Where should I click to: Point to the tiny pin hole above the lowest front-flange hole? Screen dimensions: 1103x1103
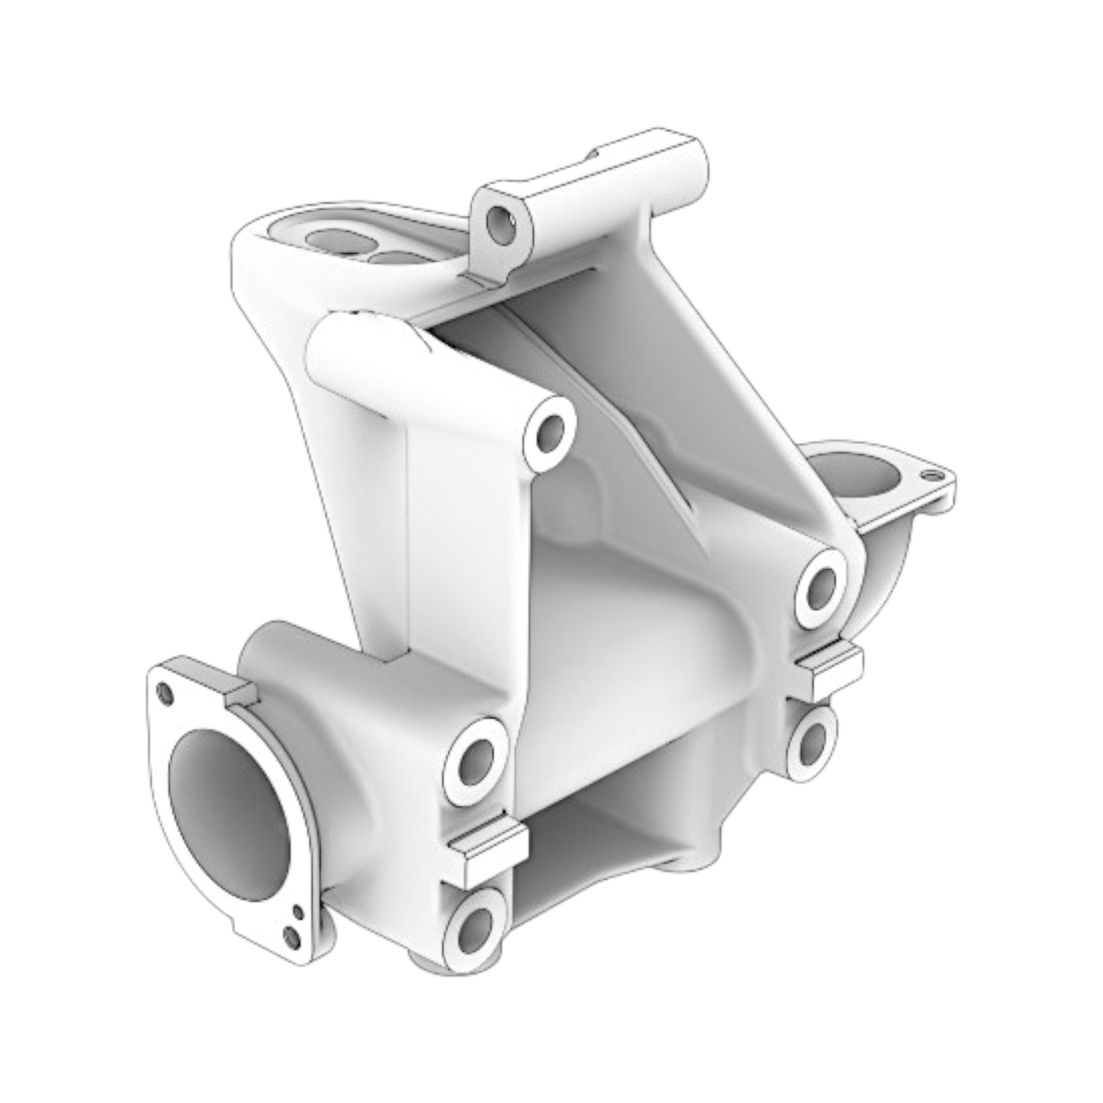[298, 910]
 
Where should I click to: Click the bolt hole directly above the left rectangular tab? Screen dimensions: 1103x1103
[477, 759]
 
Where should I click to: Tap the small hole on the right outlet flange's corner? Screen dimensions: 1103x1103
[929, 475]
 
